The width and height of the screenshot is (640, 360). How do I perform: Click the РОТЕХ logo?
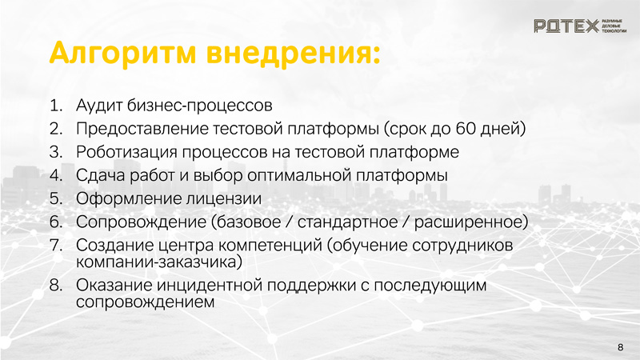click(579, 26)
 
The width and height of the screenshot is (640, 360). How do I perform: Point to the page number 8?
click(621, 347)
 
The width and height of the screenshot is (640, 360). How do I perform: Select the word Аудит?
click(99, 106)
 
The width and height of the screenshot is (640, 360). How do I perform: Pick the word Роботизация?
click(126, 152)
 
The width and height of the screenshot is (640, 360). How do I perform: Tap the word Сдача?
click(101, 176)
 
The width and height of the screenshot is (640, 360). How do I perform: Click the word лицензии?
click(224, 199)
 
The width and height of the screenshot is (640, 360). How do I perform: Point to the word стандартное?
click(347, 222)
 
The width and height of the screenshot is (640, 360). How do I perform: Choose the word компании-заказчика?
click(156, 262)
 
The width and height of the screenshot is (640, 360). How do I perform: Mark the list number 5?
click(56, 198)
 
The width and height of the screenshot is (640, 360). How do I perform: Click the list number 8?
click(56, 286)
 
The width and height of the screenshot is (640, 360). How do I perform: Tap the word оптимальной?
click(299, 175)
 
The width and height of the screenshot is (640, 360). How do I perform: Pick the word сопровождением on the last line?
click(145, 302)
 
